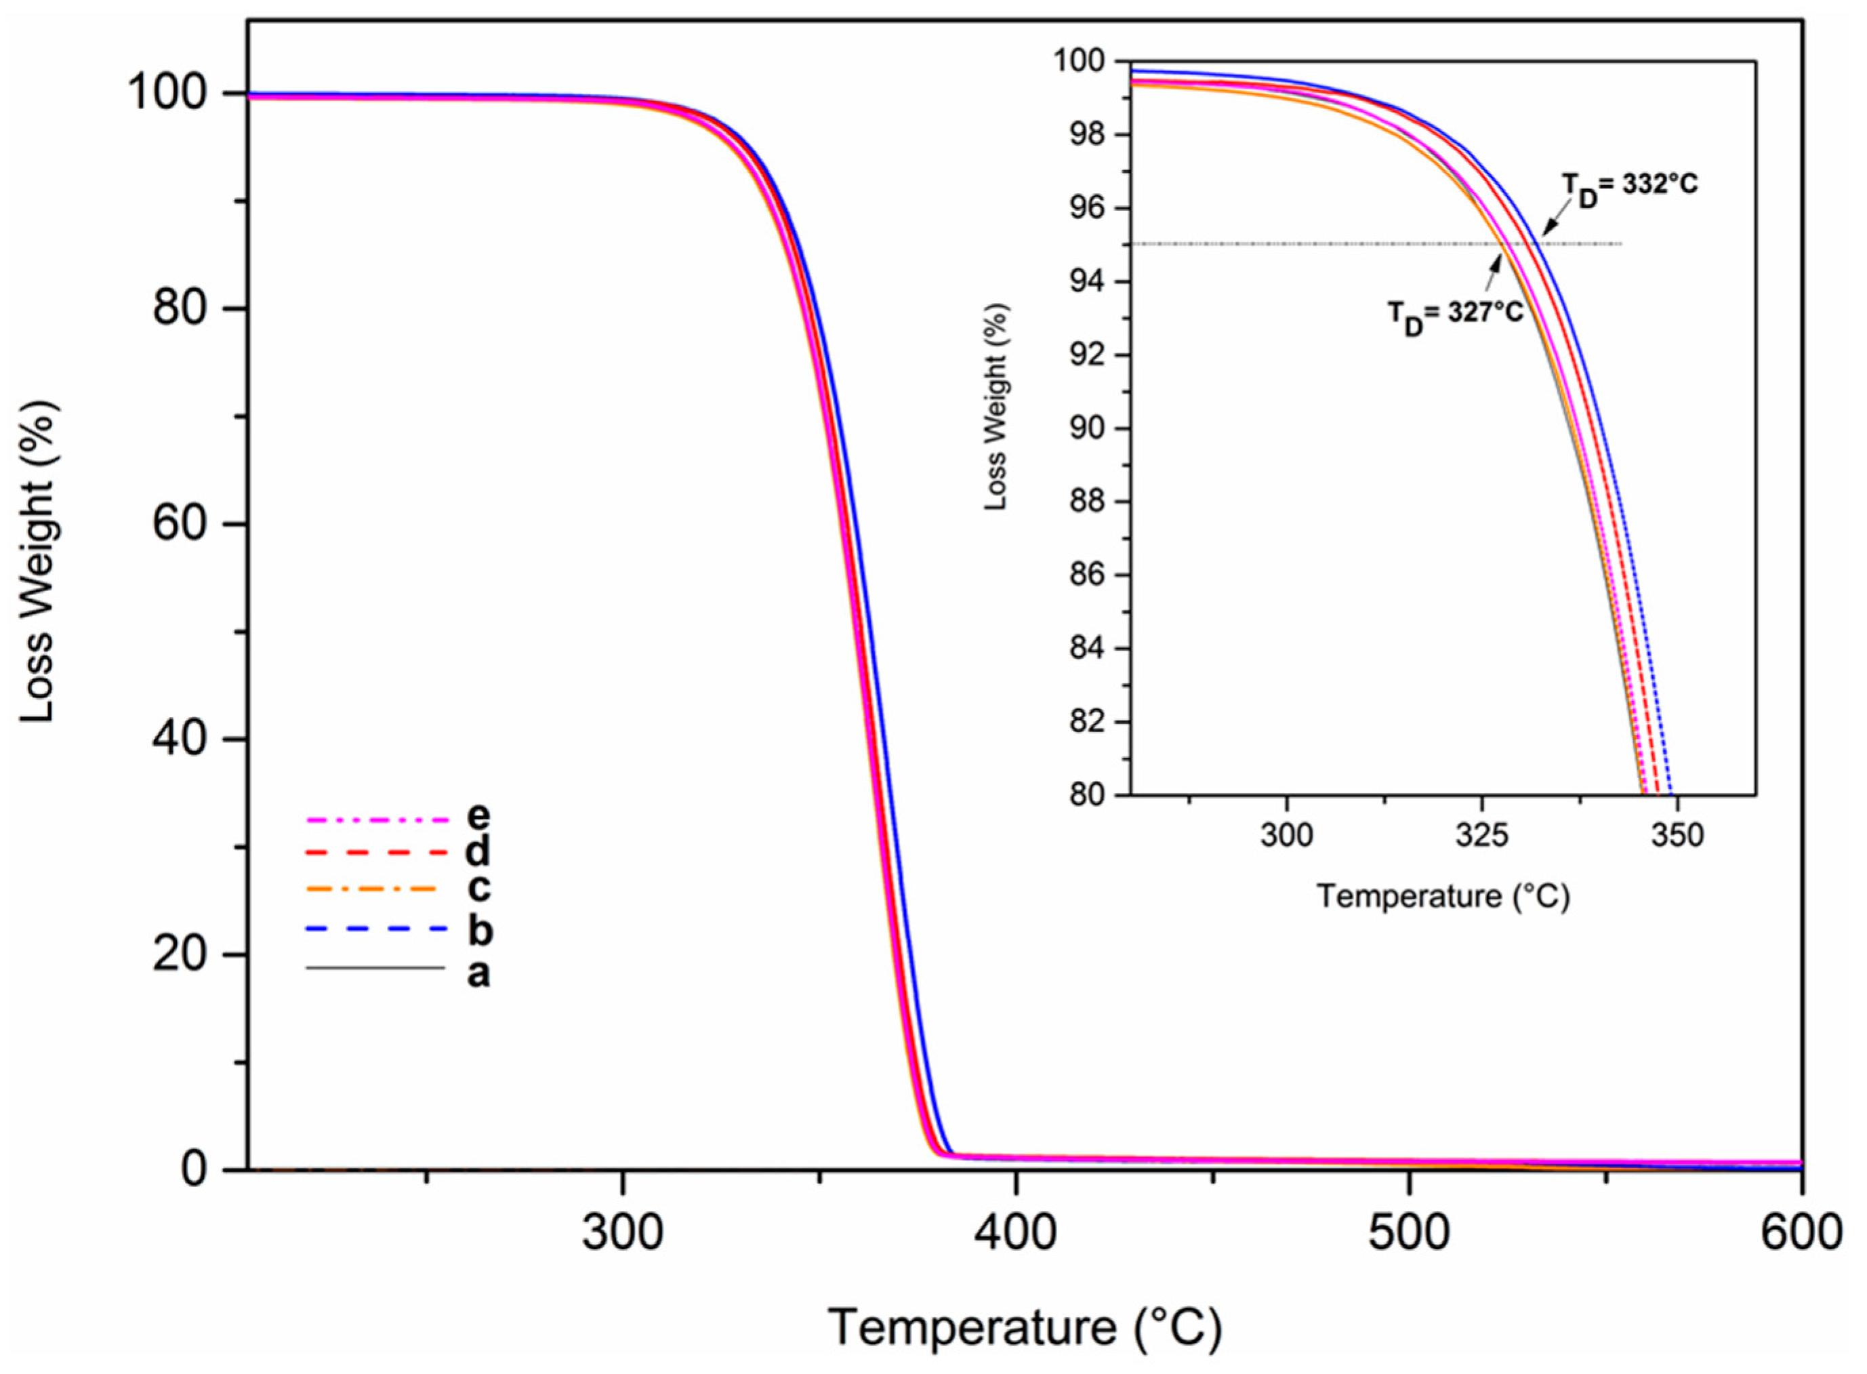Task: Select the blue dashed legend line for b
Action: pyautogui.click(x=377, y=929)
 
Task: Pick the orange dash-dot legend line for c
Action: pyautogui.click(x=372, y=889)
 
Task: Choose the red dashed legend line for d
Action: pyautogui.click(x=377, y=853)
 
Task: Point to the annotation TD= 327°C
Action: pyautogui.click(x=1456, y=316)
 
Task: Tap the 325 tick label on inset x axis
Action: pyautogui.click(x=1482, y=835)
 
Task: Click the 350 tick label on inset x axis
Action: pyautogui.click(x=1677, y=835)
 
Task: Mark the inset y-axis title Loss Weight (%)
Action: pyautogui.click(x=996, y=406)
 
